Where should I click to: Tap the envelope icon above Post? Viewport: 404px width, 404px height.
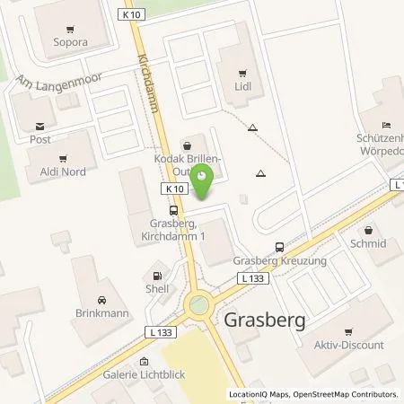(39, 127)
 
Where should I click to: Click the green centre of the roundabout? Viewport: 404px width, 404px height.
(197, 308)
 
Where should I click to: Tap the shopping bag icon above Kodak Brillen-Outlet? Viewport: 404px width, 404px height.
(186, 143)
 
